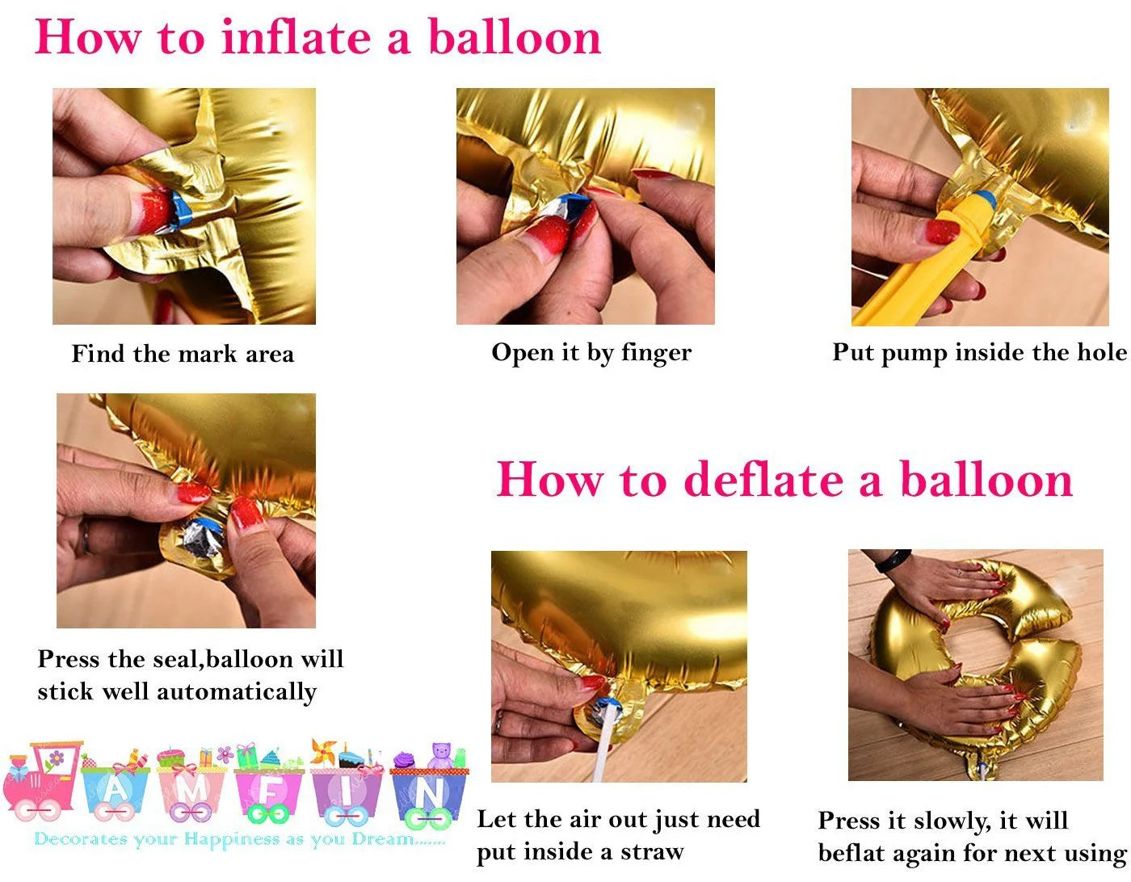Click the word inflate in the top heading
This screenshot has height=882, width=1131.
click(296, 37)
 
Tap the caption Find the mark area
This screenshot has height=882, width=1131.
click(183, 354)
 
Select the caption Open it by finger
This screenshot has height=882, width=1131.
click(591, 353)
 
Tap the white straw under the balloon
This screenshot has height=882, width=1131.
click(603, 751)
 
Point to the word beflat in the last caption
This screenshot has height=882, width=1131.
click(851, 854)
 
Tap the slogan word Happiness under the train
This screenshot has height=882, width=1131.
click(232, 840)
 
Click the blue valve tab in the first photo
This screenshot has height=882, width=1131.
click(180, 208)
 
